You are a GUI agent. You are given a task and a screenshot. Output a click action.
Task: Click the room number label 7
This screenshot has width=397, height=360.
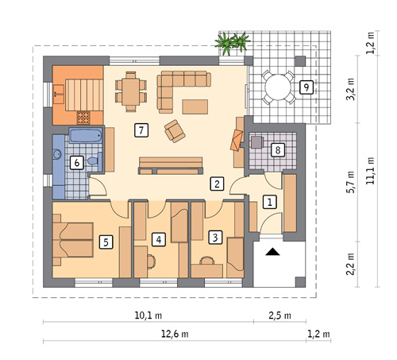point(141,130)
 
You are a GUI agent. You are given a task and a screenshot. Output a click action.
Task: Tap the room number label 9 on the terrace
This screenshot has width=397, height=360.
point(306,87)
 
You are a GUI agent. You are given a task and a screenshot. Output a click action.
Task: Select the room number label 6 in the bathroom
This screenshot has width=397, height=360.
point(77,163)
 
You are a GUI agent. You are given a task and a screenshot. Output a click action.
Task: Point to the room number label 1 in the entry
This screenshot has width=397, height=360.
point(270,202)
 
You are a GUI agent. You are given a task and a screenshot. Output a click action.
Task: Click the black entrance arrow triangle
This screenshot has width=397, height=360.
point(272,252)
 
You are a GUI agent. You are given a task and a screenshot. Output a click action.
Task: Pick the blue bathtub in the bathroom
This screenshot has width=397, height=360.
point(86,135)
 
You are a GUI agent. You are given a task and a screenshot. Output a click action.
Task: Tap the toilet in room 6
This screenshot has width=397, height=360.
point(93,161)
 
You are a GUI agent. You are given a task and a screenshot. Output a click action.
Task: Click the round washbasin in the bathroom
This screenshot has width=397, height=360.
point(57,154)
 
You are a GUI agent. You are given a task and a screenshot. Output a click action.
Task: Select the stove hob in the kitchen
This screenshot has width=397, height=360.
point(83,118)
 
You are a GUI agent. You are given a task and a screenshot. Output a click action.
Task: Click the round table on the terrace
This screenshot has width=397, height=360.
point(278,87)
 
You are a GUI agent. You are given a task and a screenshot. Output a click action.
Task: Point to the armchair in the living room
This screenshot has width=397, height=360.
point(175,131)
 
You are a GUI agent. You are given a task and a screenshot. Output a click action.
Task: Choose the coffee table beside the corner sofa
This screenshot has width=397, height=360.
point(195,106)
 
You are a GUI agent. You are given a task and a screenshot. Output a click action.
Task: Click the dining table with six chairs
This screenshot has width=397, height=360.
point(131,91)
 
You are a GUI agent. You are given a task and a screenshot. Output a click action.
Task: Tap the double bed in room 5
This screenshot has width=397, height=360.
point(73,240)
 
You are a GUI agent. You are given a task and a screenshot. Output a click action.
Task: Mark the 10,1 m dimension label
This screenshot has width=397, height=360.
point(148,315)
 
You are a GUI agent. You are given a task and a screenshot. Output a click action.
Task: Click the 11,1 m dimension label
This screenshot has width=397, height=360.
point(370,171)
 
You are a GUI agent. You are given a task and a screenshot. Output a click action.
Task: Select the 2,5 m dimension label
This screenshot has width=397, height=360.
point(279,315)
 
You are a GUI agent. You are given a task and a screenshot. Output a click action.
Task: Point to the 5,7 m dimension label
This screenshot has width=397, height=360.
point(350,182)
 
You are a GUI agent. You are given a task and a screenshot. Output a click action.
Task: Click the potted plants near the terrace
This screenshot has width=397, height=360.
point(233,42)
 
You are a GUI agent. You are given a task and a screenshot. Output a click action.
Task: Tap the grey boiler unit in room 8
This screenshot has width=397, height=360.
point(257,142)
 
